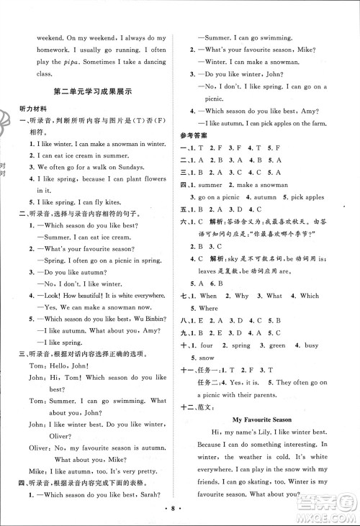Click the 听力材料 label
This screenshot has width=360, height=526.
pyautogui.click(x=32, y=110)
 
